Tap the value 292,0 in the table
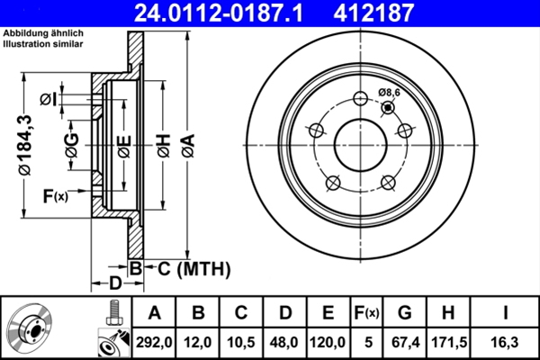[154, 341]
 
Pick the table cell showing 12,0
[198, 341]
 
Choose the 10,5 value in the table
[241, 341]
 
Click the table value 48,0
[284, 341]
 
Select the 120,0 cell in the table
[328, 341]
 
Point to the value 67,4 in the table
[406, 341]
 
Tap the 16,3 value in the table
[506, 341]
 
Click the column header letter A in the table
[154, 313]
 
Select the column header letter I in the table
[506, 313]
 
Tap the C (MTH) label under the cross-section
[194, 268]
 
